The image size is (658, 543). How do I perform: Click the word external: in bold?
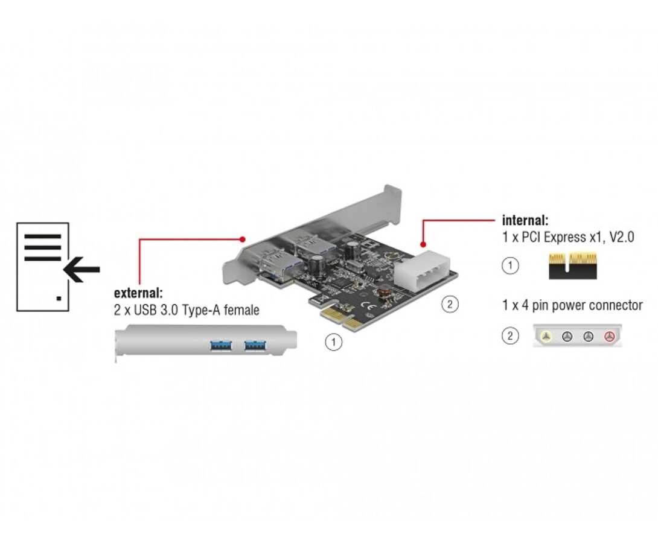pos(138,294)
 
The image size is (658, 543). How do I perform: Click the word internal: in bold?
pos(525,220)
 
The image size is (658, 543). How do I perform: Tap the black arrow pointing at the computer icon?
pos(81,270)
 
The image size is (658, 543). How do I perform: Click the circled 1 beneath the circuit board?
pos(333,342)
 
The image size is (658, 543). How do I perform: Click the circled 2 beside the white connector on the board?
pos(449,304)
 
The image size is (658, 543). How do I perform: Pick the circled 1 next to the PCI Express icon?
pos(511,265)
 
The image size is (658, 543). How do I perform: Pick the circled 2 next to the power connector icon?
pos(511,336)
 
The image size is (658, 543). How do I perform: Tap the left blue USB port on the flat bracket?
pos(220,346)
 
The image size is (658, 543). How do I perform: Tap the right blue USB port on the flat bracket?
pos(255,346)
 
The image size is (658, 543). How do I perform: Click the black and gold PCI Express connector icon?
pos(573,266)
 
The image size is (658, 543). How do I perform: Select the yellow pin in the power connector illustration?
pos(545,336)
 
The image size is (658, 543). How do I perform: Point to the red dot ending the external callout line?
pos(242,238)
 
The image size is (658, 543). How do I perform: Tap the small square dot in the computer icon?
pos(59,298)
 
